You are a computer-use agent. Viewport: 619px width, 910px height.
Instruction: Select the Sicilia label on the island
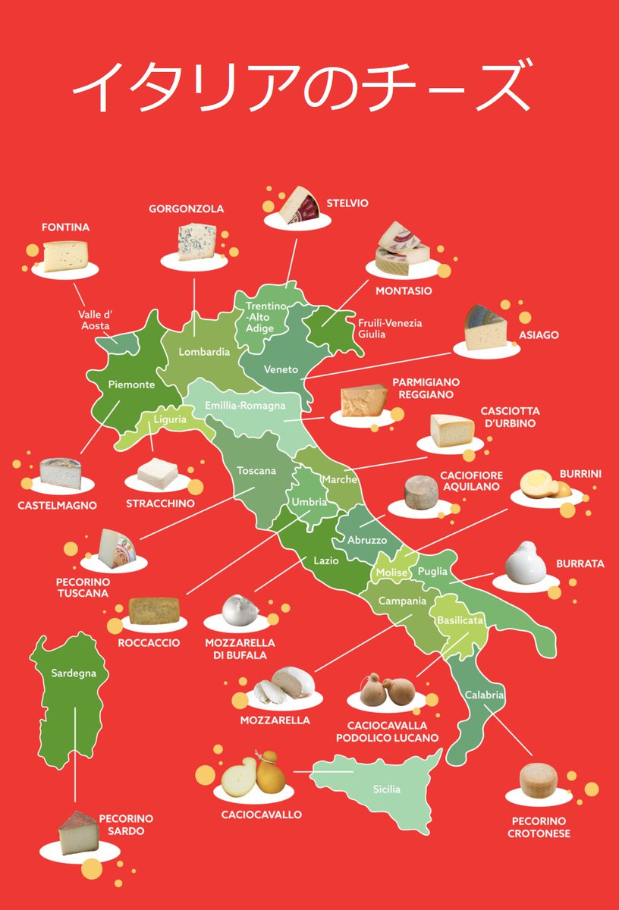pyautogui.click(x=386, y=789)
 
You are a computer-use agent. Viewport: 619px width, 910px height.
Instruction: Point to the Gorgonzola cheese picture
pyautogui.click(x=196, y=242)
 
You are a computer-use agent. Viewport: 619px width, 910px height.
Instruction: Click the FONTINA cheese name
pyautogui.click(x=66, y=227)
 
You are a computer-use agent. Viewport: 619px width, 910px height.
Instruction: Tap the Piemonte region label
pyautogui.click(x=131, y=384)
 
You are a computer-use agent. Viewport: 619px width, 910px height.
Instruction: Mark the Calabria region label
pyautogui.click(x=485, y=695)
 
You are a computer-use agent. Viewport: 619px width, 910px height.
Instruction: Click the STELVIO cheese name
pyautogui.click(x=347, y=203)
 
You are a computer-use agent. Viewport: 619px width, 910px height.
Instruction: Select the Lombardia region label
pyautogui.click(x=204, y=352)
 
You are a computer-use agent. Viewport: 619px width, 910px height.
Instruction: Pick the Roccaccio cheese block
pyautogui.click(x=154, y=611)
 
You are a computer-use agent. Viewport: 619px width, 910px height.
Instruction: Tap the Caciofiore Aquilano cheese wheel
pyautogui.click(x=419, y=494)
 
